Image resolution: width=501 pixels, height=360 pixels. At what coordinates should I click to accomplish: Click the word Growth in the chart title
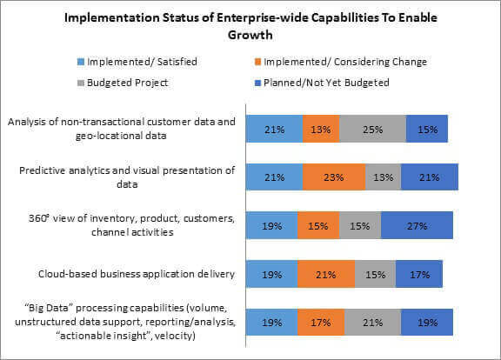pos(250,35)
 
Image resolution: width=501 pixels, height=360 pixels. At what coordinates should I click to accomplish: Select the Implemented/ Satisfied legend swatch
pos(81,62)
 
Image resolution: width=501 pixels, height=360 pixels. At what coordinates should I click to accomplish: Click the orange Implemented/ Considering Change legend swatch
pos(257,62)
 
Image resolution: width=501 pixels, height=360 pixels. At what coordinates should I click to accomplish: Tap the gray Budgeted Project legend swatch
pos(81,83)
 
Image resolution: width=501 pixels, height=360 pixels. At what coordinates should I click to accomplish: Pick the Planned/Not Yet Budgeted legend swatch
pos(257,83)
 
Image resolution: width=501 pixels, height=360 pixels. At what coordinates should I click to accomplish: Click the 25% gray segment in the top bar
pos(373,129)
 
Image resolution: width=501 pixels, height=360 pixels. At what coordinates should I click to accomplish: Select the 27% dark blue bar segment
pos(417,225)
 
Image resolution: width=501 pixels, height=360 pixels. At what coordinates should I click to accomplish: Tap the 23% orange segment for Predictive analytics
pos(334,177)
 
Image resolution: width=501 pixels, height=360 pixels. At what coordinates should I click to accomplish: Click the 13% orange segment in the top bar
pos(321,129)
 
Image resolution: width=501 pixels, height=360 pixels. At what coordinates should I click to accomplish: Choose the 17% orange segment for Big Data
pos(321,322)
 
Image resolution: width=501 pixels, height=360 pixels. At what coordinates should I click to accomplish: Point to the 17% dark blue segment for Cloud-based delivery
pos(419,274)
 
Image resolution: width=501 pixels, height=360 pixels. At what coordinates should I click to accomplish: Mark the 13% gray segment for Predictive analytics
pos(383,177)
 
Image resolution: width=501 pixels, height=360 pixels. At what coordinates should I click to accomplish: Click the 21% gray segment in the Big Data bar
pos(373,322)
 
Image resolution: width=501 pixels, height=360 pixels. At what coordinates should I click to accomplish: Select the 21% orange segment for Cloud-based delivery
pos(326,274)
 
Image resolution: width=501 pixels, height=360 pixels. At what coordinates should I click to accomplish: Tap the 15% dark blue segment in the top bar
pos(427,129)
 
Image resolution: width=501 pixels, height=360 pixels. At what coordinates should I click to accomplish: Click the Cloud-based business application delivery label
pos(137,274)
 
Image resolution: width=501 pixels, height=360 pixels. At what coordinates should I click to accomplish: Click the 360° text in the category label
pos(38,218)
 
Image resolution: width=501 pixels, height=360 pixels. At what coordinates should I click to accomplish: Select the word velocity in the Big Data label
pos(175,336)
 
